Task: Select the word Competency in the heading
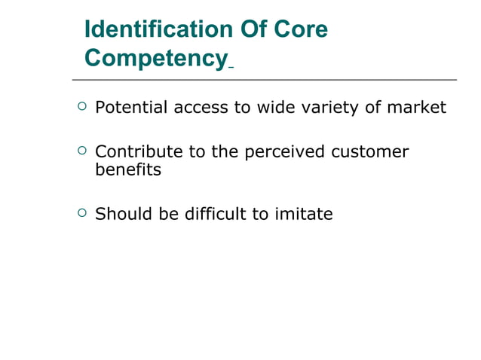pyautogui.click(x=155, y=58)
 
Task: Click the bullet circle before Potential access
pyautogui.click(x=81, y=107)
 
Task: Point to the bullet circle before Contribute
pyautogui.click(x=81, y=151)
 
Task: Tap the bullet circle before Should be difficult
pyautogui.click(x=81, y=213)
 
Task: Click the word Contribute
pyautogui.click(x=139, y=152)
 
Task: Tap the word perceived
pyautogui.click(x=279, y=153)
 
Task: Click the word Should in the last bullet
pyautogui.click(x=122, y=214)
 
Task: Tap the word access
pyautogui.click(x=201, y=108)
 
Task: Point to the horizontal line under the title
pyautogui.click(x=264, y=79)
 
